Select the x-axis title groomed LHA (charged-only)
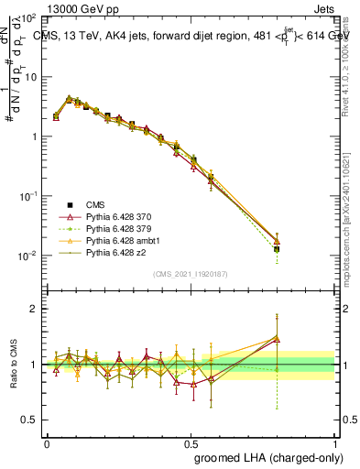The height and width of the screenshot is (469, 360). (264, 456)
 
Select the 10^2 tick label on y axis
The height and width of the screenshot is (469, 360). (29, 18)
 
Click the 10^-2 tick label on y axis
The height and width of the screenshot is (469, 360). (28, 256)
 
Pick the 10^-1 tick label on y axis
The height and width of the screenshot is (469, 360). (28, 196)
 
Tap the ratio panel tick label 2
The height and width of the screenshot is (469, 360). (35, 309)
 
